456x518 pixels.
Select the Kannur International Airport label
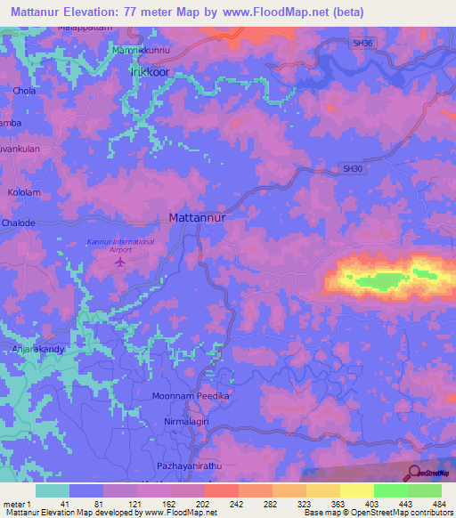[x=120, y=246]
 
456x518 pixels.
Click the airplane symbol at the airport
[x=122, y=262]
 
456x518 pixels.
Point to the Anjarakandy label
[x=37, y=350]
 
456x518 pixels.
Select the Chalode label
[x=19, y=223]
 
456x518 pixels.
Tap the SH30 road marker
[x=353, y=167]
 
